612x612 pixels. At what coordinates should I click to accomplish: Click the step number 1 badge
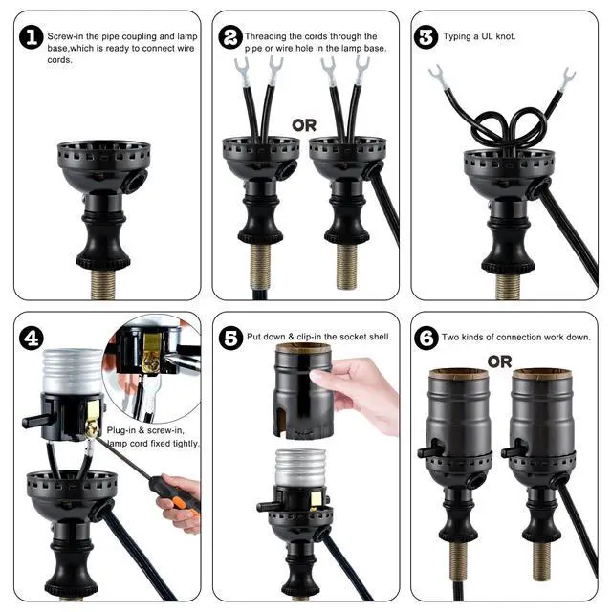(32, 37)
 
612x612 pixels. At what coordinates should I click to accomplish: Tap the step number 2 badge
(230, 37)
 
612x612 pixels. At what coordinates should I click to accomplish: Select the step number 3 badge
(426, 37)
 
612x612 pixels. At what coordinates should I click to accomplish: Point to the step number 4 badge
(32, 338)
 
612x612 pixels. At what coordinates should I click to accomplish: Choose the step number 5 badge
(230, 338)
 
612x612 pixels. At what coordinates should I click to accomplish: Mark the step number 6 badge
(426, 338)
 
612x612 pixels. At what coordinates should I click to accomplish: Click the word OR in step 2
(304, 125)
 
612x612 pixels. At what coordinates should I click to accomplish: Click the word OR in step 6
(499, 361)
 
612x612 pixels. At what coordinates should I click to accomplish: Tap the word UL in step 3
(487, 36)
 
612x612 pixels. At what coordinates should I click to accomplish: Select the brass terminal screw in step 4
(92, 430)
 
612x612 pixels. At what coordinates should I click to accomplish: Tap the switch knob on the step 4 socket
(35, 421)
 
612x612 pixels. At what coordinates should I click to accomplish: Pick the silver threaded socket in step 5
(299, 468)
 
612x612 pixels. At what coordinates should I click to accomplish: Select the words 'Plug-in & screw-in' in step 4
(144, 430)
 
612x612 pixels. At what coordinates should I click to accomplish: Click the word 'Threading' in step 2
(266, 36)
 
